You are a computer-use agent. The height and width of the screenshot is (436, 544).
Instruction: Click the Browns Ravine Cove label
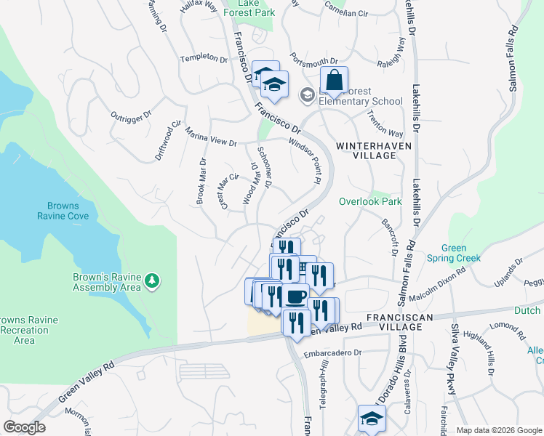pos(68,210)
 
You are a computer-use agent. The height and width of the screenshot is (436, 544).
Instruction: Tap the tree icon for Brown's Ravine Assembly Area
pos(151,280)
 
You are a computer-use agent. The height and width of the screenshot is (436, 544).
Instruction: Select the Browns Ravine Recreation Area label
pos(27,330)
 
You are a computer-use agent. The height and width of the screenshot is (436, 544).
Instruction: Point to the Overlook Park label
pos(370,201)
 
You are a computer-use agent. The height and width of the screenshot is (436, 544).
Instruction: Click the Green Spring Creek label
pos(453,253)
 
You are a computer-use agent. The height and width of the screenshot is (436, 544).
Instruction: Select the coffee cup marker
pos(295,299)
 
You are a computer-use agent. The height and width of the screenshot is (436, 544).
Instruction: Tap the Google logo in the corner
pos(24,427)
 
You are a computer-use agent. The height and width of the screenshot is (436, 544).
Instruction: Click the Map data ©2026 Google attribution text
pos(499,430)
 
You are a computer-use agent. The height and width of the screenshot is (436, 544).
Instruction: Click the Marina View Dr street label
pos(212,138)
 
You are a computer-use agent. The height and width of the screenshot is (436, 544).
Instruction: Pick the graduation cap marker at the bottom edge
pos(372,419)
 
